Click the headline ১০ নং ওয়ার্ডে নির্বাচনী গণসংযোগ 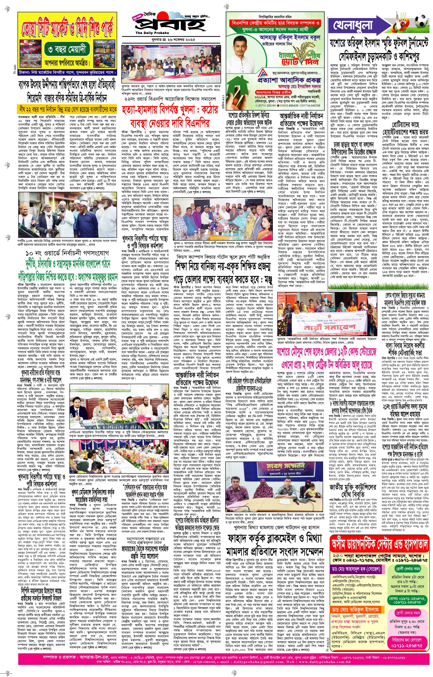click(x=67, y=253)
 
